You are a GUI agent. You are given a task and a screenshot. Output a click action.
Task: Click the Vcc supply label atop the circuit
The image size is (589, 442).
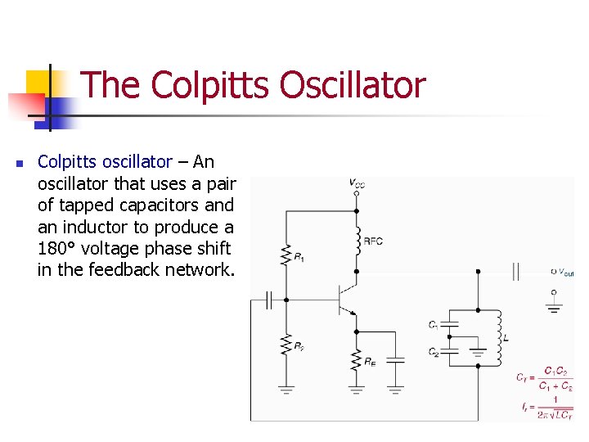357,185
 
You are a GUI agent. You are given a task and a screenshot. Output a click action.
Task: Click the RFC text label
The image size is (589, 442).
373,241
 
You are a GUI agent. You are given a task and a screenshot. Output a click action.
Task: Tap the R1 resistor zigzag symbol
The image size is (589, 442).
286,254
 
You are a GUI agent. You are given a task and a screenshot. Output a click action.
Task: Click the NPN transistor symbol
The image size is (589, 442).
348,300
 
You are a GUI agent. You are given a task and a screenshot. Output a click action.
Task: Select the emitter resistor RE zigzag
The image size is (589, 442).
357,359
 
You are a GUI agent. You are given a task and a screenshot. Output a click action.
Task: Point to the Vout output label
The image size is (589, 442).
563,272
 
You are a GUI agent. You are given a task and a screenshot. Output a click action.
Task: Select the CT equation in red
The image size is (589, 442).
544,377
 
